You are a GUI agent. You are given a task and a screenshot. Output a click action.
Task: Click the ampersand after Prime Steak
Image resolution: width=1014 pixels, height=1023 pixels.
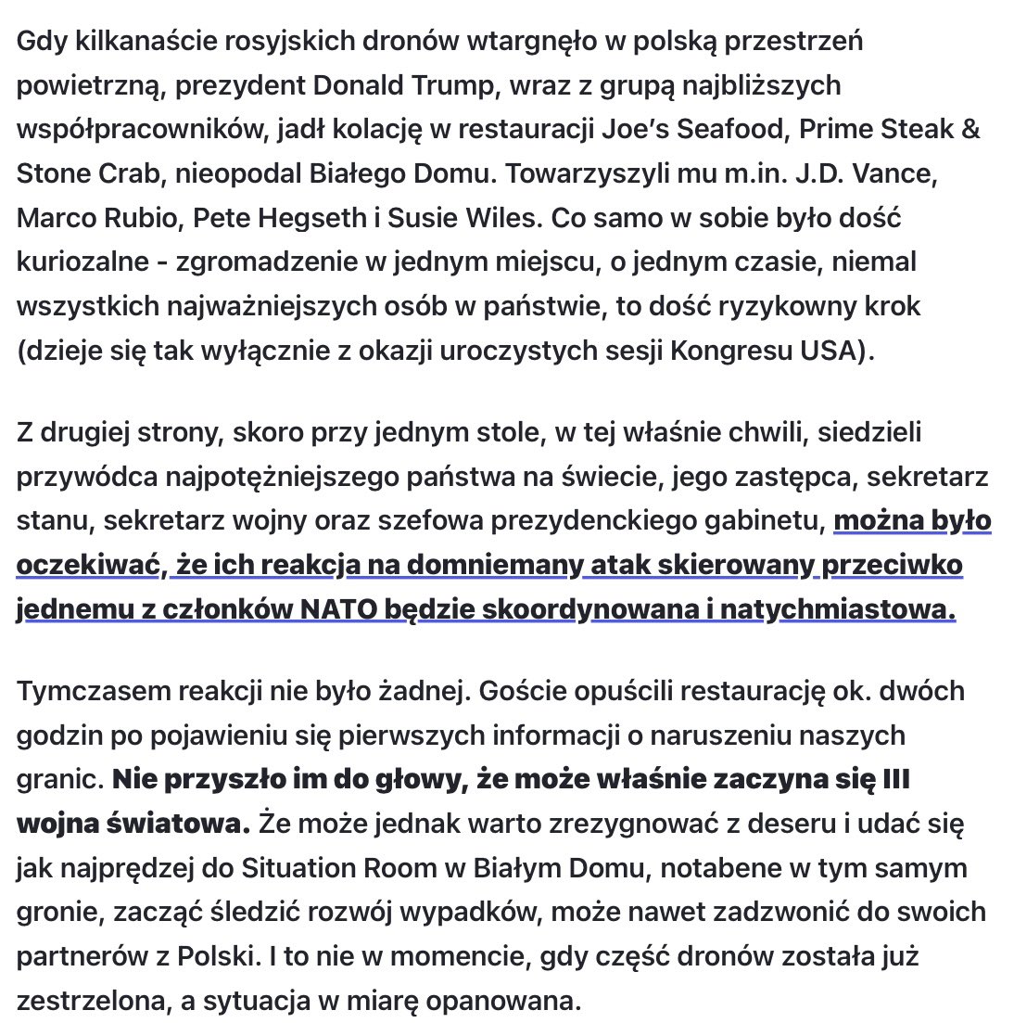[970, 130]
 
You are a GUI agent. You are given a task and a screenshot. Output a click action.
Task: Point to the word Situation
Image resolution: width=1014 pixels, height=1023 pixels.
[301, 868]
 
